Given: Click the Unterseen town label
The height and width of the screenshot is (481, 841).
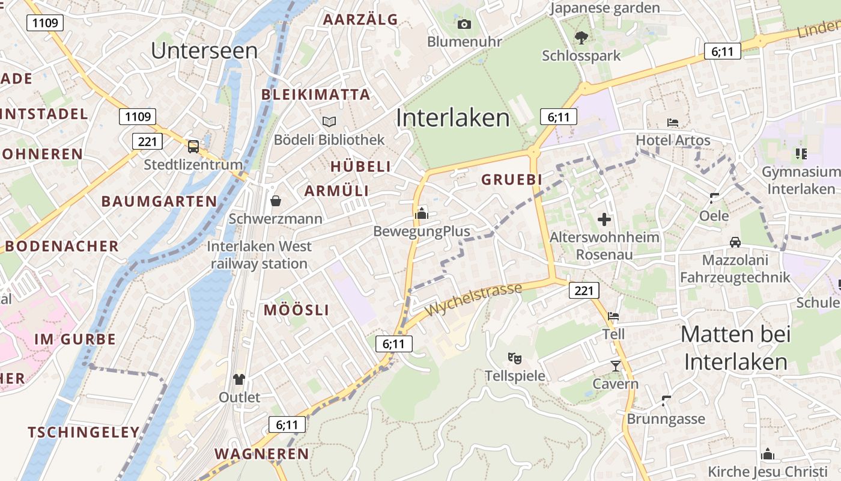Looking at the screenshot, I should [204, 51].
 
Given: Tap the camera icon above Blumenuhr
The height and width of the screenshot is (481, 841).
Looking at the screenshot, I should [464, 25].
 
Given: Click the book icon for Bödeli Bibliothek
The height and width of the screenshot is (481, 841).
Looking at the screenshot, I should [329, 122].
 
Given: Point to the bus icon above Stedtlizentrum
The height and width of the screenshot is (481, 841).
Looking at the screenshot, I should [193, 146].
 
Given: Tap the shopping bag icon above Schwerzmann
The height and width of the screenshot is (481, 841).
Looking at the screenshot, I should [275, 200].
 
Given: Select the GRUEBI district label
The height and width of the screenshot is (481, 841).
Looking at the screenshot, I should [512, 179].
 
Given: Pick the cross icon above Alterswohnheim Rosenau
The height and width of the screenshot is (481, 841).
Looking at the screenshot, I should [604, 219].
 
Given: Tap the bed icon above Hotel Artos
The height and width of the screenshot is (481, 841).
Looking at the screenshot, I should [673, 123].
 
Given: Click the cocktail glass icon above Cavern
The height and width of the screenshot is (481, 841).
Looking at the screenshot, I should [615, 366].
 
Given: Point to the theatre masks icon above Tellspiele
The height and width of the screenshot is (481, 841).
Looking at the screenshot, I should [515, 358].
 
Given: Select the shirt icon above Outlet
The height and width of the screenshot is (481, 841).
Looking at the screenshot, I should [239, 379].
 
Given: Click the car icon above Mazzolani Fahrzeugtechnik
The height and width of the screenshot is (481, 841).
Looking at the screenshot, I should [735, 242].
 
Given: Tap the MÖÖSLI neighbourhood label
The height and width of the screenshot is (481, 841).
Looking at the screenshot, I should [297, 310].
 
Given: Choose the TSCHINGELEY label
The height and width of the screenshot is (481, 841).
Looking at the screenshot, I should [83, 432].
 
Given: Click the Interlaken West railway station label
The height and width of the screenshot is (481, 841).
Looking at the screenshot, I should [260, 255].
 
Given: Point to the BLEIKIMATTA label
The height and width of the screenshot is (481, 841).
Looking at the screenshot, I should [316, 94].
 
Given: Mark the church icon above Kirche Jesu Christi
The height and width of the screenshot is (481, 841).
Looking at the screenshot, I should [768, 454].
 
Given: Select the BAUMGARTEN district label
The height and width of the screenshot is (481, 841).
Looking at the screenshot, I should [159, 201].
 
